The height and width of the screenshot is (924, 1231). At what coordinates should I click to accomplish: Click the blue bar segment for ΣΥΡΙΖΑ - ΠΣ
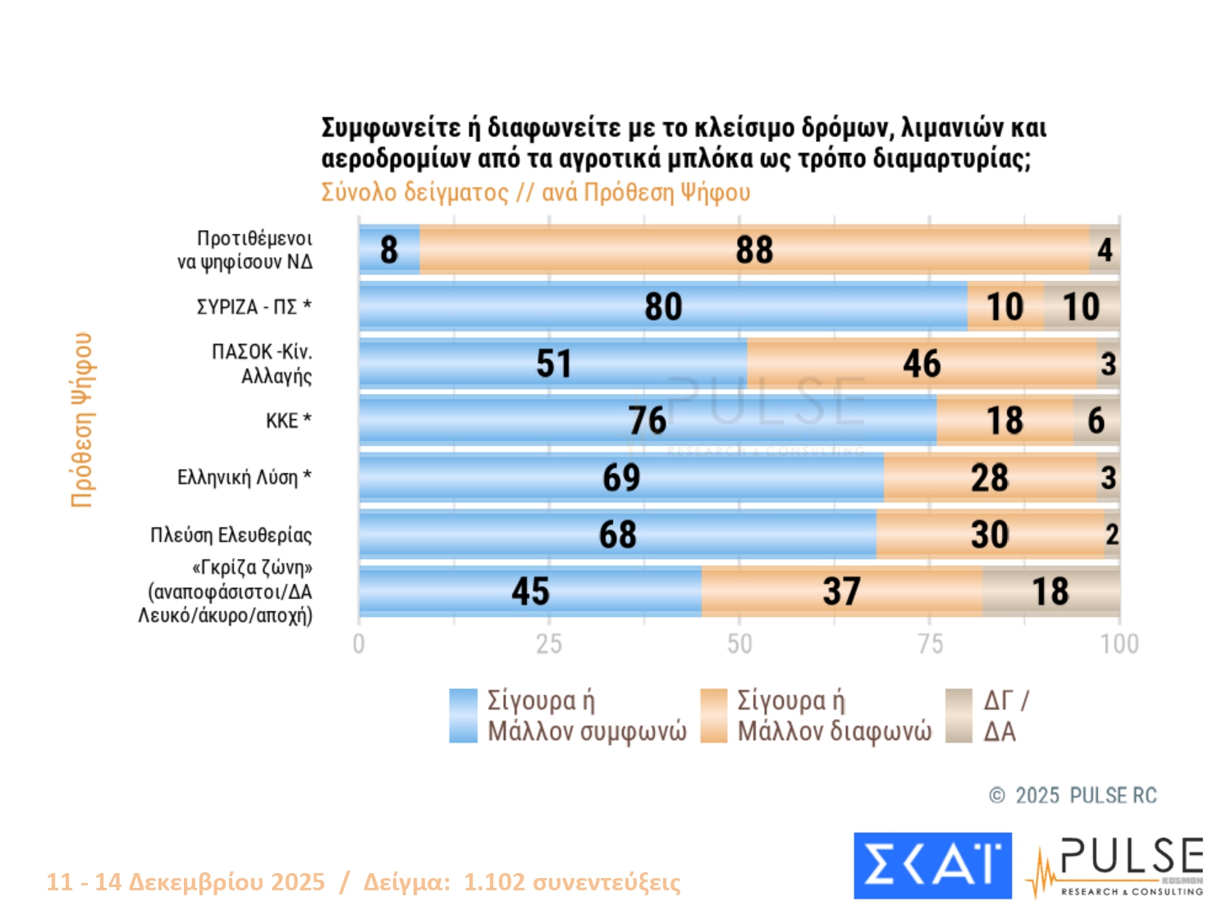click(x=663, y=307)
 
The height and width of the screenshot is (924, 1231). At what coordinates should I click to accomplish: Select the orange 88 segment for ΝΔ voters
click(x=754, y=250)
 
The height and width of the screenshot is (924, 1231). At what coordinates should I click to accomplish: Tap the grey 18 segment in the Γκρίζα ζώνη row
click(x=1050, y=591)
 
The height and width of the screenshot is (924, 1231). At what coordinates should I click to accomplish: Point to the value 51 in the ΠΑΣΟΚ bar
click(x=554, y=364)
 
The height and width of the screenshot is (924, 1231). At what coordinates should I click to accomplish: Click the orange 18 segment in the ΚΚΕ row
click(x=1004, y=421)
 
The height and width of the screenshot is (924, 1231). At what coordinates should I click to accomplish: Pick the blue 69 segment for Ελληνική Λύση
click(x=621, y=478)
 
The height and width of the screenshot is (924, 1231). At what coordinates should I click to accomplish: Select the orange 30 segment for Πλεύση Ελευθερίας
click(x=990, y=535)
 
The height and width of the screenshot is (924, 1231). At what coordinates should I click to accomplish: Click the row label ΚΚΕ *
click(x=288, y=421)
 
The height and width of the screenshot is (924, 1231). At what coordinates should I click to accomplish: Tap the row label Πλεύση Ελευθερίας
click(x=231, y=536)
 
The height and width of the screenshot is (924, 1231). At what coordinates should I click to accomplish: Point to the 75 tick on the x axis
click(x=930, y=644)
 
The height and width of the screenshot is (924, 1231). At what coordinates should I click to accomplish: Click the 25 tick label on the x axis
click(x=549, y=644)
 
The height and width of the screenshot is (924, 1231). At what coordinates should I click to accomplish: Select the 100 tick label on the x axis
click(x=1119, y=644)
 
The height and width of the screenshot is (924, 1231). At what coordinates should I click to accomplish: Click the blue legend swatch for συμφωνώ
click(x=463, y=715)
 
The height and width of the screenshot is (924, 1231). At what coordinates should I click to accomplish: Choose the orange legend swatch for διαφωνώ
click(x=713, y=715)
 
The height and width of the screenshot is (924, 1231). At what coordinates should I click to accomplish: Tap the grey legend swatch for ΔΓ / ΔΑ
click(x=959, y=715)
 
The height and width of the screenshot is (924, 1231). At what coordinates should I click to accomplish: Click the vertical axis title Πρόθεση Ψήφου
click(x=82, y=420)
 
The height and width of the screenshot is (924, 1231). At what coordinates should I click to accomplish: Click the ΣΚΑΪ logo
click(x=932, y=866)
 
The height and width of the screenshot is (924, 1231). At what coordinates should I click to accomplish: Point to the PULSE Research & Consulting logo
click(x=1116, y=867)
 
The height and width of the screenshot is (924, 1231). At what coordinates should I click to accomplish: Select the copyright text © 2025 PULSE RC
click(x=1073, y=795)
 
